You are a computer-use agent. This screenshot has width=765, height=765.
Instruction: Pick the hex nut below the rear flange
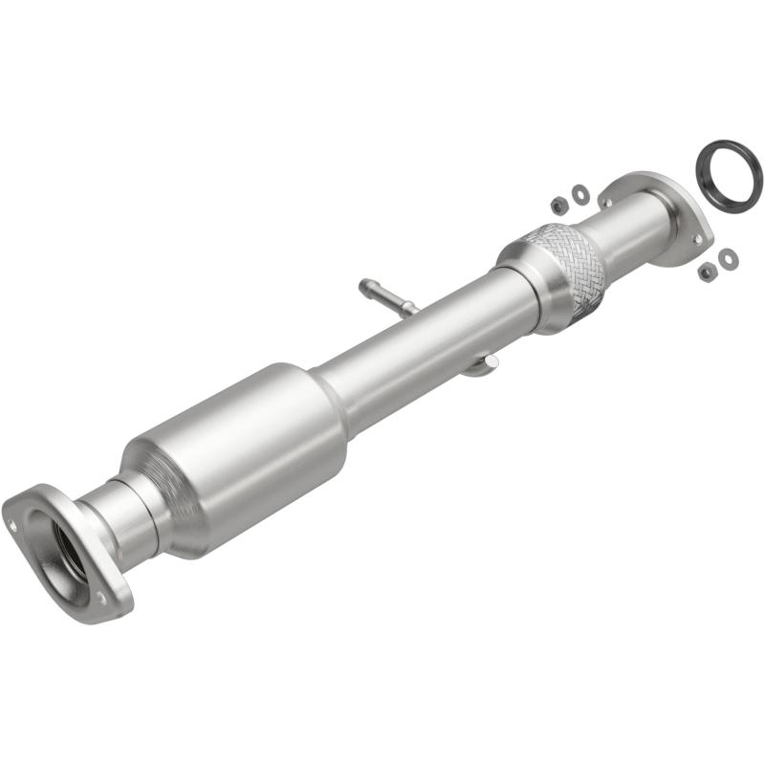click(707, 273)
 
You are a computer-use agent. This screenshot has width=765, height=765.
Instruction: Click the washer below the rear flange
click(728, 258)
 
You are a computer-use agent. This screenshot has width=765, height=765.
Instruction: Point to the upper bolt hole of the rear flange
click(604, 202)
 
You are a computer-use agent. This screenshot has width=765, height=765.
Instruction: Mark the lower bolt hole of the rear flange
click(698, 238)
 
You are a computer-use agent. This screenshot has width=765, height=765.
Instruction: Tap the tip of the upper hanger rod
click(364, 285)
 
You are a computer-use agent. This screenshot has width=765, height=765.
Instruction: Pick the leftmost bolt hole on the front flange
click(13, 523)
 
